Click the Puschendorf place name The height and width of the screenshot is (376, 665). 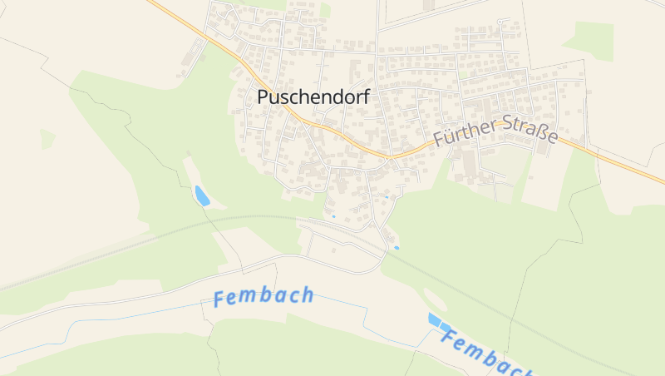tap(313, 97)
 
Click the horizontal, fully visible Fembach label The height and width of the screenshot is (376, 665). tap(264, 296)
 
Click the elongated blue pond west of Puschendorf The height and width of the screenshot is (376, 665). tap(201, 195)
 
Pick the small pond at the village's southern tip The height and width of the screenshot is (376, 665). tap(397, 247)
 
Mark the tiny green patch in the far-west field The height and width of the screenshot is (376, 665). tap(47, 138)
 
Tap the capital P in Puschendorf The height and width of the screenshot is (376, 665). tap(264, 97)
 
